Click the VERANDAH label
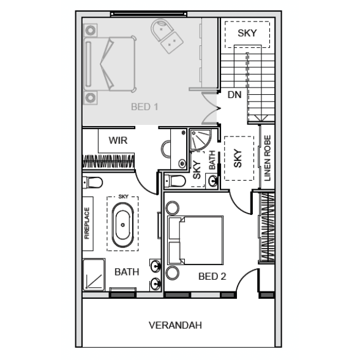click(175, 325)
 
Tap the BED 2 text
click(212, 277)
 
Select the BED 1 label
click(144, 107)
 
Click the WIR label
click(118, 140)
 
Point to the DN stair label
click(234, 94)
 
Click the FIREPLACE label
click(87, 223)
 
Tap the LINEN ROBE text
click(268, 158)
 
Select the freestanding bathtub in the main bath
click(122, 225)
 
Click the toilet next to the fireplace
click(92, 182)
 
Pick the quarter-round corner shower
click(200, 140)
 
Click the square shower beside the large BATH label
click(94, 274)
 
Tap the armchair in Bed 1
click(167, 36)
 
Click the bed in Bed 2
click(195, 240)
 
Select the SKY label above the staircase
click(247, 33)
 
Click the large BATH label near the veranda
click(127, 272)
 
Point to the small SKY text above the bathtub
click(123, 197)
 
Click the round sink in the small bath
click(213, 181)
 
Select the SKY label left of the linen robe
click(238, 159)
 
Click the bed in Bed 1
click(110, 64)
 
